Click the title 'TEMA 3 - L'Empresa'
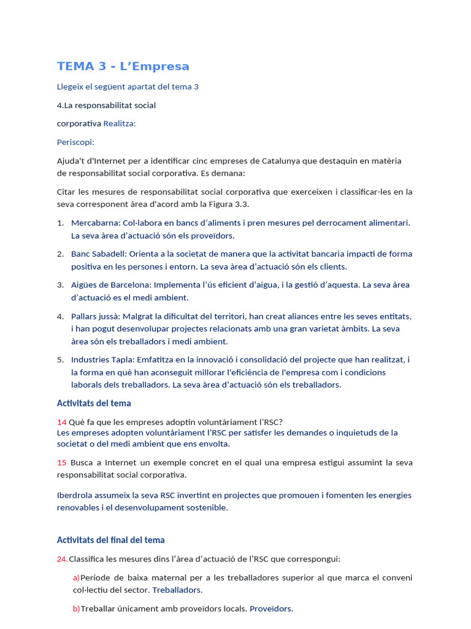tap(123, 66)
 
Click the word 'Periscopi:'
tap(75, 142)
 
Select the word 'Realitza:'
tap(120, 123)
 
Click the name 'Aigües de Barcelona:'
tap(111, 285)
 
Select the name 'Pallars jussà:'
tap(95, 316)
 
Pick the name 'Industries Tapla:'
tap(101, 360)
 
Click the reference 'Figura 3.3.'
tap(228, 205)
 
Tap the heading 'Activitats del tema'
tap(94, 404)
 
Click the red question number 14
tap(61, 422)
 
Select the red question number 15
tap(61, 463)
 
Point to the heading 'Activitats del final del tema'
tap(110, 540)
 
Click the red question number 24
tap(61, 559)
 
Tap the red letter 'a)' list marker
tap(76, 578)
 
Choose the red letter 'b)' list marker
tap(76, 609)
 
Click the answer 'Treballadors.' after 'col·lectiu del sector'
tap(177, 590)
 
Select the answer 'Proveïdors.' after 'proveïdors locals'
tap(271, 609)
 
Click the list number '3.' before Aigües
tap(61, 285)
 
